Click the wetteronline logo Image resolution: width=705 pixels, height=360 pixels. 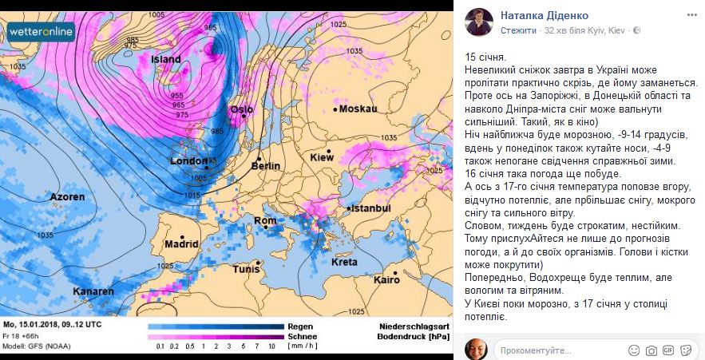42,32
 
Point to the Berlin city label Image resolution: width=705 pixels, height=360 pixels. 265,166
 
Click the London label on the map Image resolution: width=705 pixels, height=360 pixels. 188,161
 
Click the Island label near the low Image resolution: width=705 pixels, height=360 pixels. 165,59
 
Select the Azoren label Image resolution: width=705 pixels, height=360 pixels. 66,196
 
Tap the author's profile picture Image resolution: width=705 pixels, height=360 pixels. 478,21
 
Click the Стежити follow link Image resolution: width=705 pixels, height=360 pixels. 517,30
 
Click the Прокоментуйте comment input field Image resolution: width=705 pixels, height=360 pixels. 559,350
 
